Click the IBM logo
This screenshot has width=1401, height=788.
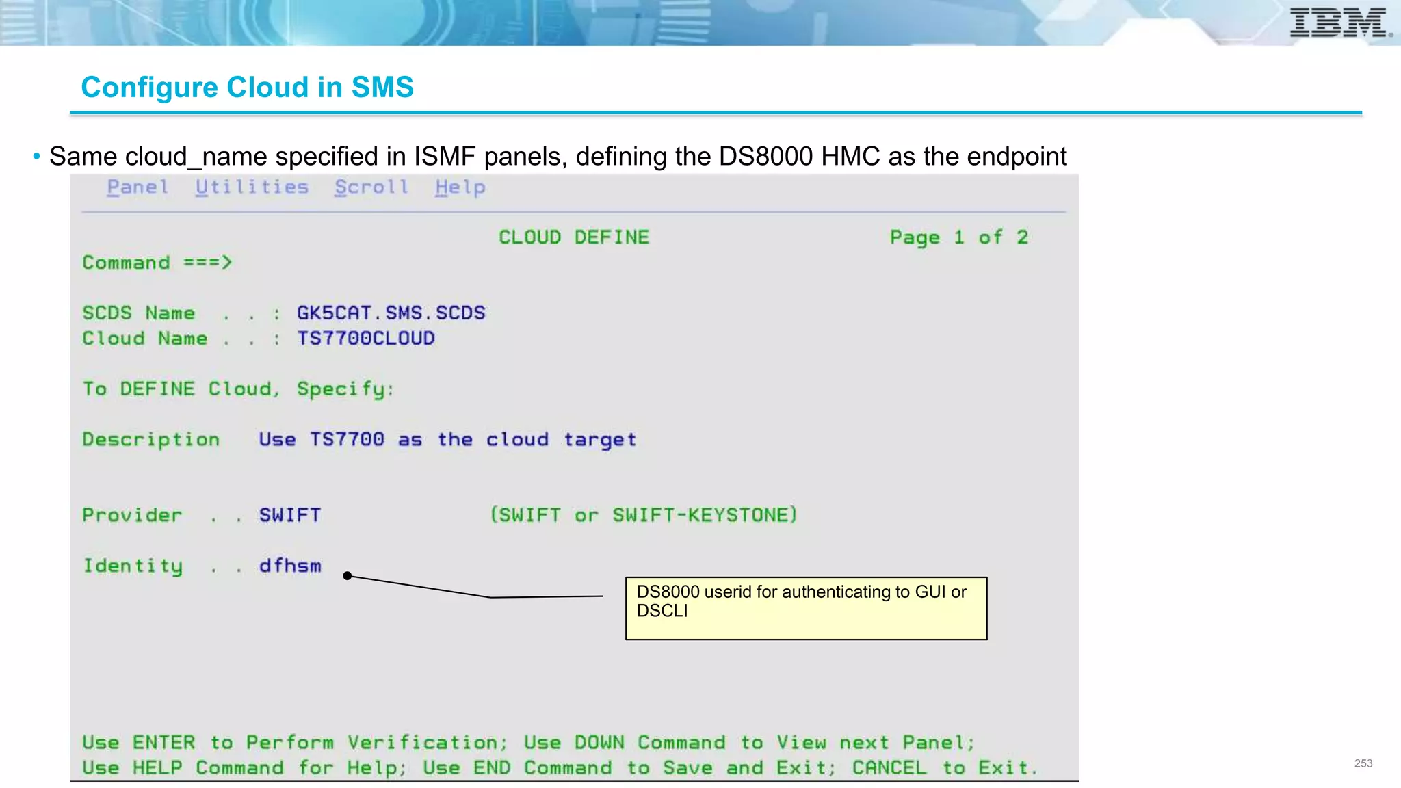point(1338,23)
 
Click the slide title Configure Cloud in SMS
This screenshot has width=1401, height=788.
point(247,87)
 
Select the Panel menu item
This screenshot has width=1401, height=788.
point(138,187)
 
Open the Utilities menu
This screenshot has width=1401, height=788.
point(252,187)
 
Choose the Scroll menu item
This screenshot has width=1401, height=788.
point(371,187)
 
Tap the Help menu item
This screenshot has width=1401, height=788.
point(460,187)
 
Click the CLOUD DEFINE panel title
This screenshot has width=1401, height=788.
point(573,237)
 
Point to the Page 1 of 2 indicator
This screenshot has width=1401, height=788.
point(958,237)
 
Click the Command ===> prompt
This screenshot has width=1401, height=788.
point(157,263)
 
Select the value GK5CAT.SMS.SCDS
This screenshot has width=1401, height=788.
point(391,313)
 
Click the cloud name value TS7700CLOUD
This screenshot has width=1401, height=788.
point(365,339)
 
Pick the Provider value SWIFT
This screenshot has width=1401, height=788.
point(289,515)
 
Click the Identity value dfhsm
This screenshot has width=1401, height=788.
point(289,566)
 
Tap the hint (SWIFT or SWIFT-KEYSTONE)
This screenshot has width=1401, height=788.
point(643,515)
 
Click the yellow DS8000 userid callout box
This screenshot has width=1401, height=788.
point(806,608)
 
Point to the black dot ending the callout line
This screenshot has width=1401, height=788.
point(348,576)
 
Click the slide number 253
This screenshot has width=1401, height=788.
point(1363,763)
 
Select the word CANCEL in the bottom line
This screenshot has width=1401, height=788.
point(889,768)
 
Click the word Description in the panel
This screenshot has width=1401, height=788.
point(151,440)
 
